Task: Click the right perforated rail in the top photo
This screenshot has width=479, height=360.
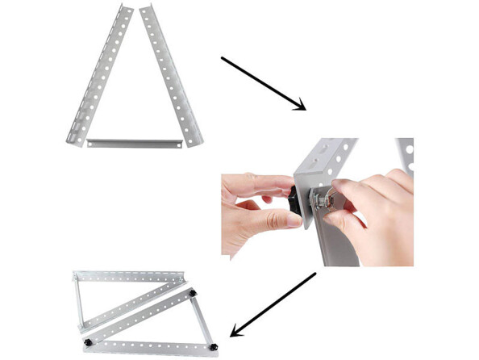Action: [170, 77]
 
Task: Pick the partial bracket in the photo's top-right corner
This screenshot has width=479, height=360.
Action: [405, 153]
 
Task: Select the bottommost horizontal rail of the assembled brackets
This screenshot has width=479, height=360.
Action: [149, 348]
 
